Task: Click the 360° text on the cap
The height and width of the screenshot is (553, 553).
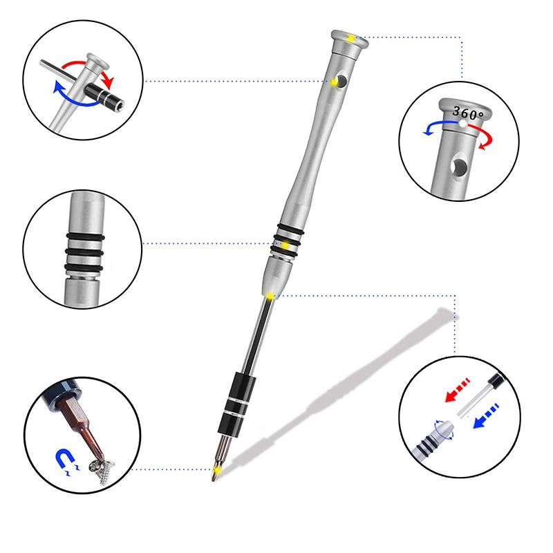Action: tap(468, 113)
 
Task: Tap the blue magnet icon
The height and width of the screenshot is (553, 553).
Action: tap(66, 460)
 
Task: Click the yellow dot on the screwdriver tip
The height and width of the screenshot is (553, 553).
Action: tap(217, 469)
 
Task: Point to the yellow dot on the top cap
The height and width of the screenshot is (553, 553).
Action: tap(351, 38)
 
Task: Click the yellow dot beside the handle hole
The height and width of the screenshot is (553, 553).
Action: tap(334, 82)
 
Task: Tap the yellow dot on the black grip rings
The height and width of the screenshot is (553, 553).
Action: tap(285, 245)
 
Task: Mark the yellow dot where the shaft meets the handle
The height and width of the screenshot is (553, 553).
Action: tap(270, 296)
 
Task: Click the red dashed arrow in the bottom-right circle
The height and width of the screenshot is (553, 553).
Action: tap(458, 390)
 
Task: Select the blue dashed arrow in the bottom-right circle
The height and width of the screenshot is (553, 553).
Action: tap(486, 416)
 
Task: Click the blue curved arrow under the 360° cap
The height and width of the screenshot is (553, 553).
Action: tap(438, 126)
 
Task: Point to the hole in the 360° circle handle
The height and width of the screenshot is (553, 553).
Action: tap(460, 166)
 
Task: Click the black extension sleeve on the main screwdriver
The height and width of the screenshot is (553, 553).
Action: tap(236, 403)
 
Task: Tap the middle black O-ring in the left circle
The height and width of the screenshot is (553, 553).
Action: tap(84, 252)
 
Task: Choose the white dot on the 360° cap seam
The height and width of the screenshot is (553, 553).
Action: tap(462, 124)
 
